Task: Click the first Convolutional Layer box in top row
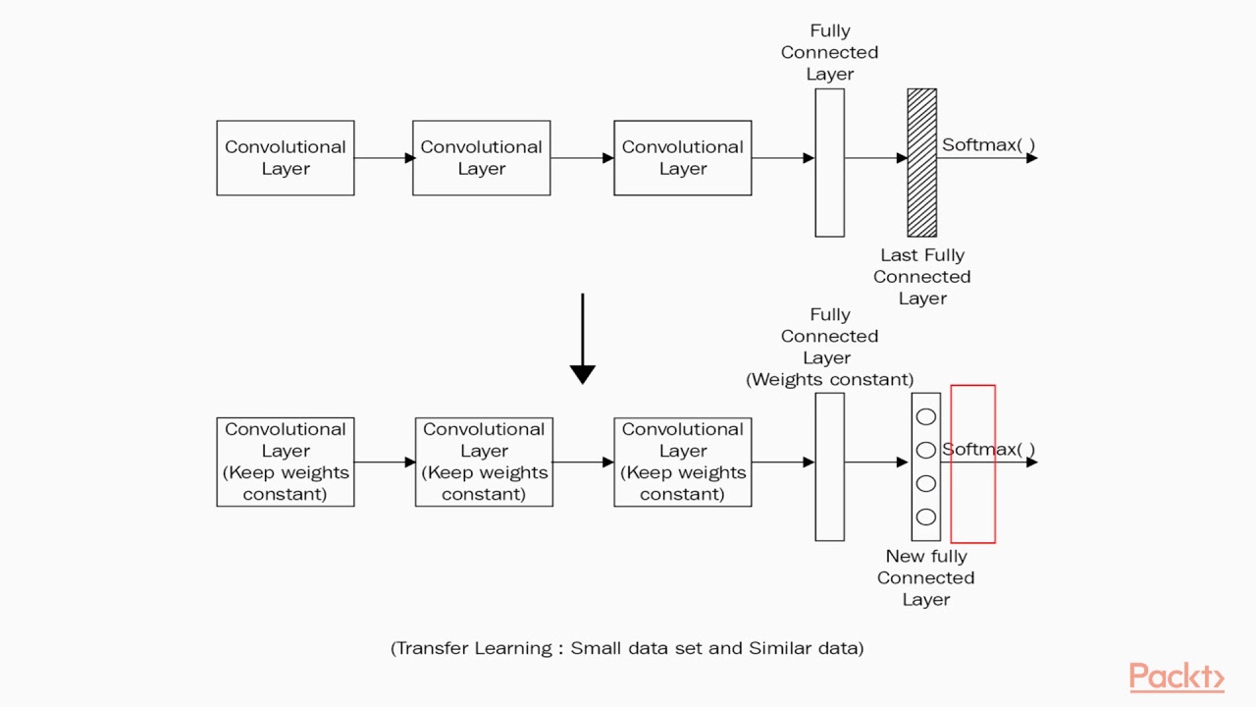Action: [x=285, y=158]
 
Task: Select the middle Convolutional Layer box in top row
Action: [x=481, y=158]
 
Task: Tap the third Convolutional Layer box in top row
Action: [x=682, y=158]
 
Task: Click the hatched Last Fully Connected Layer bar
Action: [x=921, y=163]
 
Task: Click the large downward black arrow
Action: [x=582, y=339]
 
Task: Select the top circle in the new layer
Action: [x=925, y=417]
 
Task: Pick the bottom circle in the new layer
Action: [x=925, y=517]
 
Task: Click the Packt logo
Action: [x=1176, y=678]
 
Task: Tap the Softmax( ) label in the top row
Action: [x=988, y=145]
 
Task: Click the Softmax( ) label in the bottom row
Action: [x=988, y=450]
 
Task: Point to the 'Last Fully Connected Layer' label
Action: [x=921, y=277]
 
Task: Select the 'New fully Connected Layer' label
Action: [x=925, y=577]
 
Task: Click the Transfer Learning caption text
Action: [x=627, y=648]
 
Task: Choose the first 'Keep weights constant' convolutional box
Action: [x=285, y=462]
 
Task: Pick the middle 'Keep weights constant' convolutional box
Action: [x=484, y=462]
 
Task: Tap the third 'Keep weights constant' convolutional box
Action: [x=682, y=462]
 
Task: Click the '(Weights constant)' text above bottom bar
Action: [x=829, y=379]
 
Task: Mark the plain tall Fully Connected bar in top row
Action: [x=829, y=163]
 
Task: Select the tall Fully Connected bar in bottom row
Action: [x=829, y=467]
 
